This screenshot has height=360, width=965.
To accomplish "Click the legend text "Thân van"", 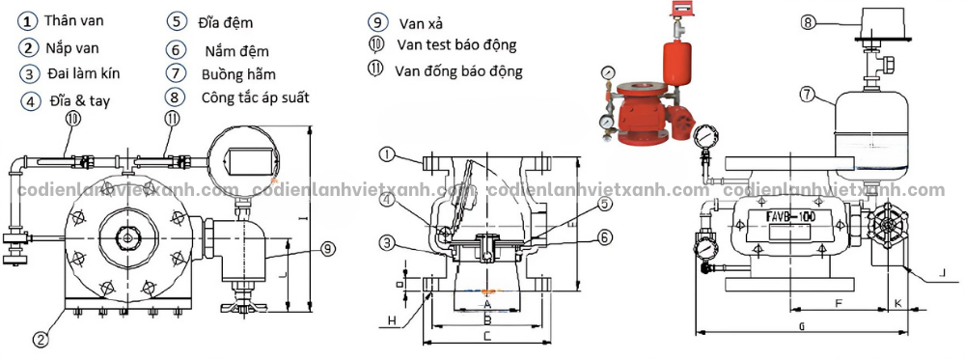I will [77, 20].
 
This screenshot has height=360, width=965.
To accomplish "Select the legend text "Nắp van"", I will [72, 46].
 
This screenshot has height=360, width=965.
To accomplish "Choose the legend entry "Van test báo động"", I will [456, 44].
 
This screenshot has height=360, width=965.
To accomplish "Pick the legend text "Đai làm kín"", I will [83, 73].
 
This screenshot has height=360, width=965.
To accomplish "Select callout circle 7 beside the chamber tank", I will [809, 94].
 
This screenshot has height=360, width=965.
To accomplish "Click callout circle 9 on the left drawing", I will [328, 249].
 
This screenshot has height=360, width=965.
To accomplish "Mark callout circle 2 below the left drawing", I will [41, 339].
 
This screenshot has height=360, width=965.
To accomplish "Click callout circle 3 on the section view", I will [386, 241].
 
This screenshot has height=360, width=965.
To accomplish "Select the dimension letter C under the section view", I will [487, 335].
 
